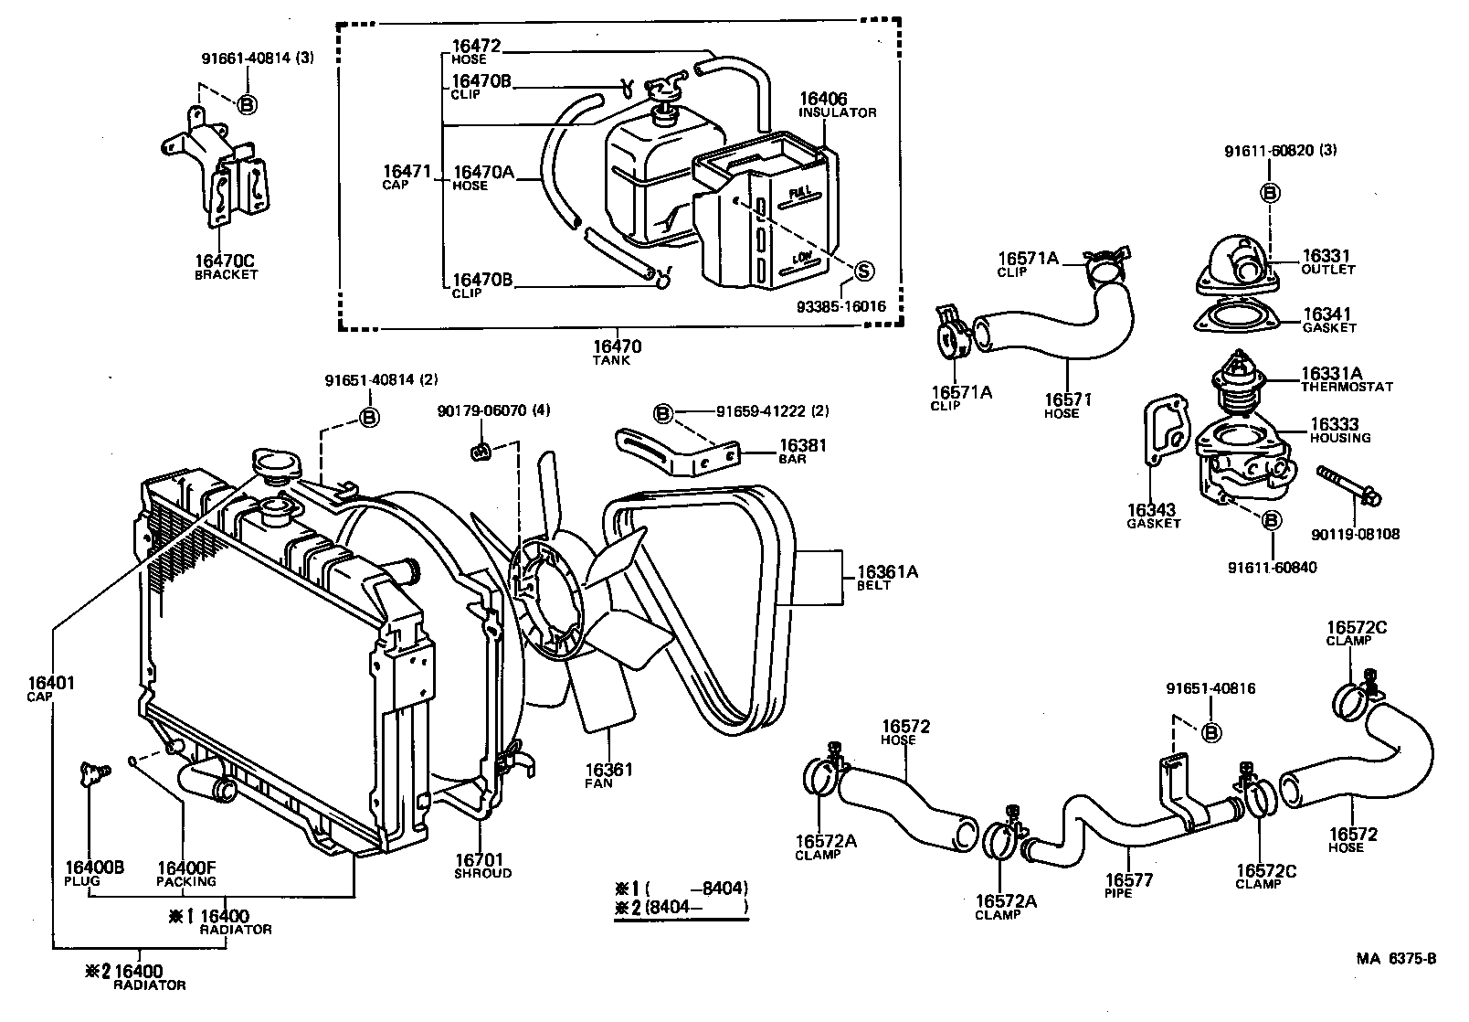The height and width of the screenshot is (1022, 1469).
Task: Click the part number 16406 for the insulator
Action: point(823,99)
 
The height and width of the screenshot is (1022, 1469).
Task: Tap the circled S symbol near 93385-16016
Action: point(863,271)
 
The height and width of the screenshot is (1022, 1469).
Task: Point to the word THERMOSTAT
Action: point(1347,388)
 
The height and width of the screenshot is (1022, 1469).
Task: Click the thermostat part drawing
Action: point(1237,384)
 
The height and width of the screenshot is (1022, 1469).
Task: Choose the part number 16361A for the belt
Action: point(887,572)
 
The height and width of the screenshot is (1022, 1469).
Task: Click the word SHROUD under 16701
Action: point(482,874)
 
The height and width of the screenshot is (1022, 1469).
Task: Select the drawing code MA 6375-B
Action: point(1396,959)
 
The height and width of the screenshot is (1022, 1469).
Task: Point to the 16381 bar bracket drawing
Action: point(679,452)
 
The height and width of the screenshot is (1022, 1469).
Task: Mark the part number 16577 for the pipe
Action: point(1128,879)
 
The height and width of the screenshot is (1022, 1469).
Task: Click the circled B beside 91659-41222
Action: point(663,413)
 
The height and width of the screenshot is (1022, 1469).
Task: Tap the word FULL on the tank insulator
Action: point(800,193)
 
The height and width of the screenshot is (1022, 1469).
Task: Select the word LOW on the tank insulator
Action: point(802,257)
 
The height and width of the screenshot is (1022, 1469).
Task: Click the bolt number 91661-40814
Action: point(246,58)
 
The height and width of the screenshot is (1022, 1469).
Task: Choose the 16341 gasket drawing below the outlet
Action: point(1235,316)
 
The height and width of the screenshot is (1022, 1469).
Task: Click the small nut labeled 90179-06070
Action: point(481,452)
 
